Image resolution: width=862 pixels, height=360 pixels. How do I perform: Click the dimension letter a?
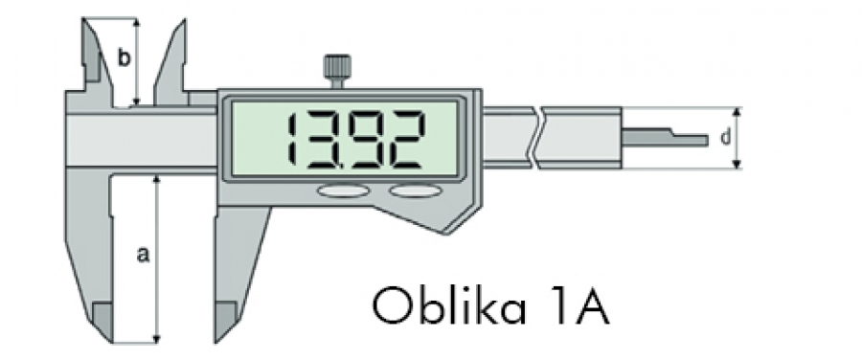pyautogui.click(x=143, y=255)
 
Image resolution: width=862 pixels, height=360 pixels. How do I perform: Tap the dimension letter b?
pyautogui.click(x=125, y=56)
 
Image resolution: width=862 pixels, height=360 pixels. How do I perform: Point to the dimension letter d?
pyautogui.click(x=726, y=138)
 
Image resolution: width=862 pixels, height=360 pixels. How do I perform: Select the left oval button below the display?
pyautogui.click(x=342, y=191)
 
